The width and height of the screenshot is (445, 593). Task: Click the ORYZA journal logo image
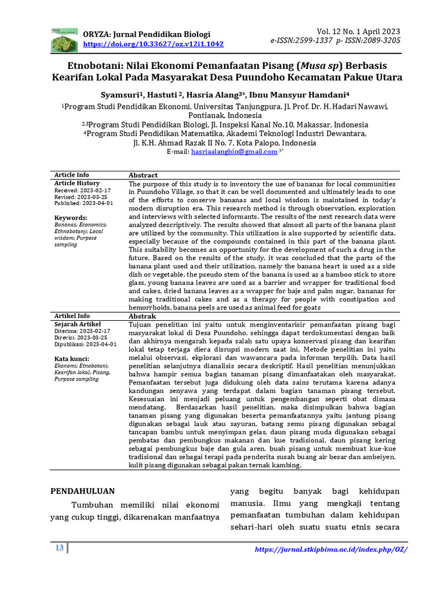click(64, 39)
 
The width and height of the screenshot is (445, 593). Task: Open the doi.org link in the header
click(153, 44)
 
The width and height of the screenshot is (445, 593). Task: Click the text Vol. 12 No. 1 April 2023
click(358, 31)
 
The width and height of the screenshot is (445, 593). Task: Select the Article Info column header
click(72, 175)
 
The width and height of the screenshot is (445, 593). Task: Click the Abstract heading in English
click(143, 175)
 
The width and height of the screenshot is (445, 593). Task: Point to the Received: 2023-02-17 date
click(82, 190)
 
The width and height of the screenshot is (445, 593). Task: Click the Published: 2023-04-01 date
click(83, 203)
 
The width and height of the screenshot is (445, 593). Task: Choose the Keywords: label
click(70, 218)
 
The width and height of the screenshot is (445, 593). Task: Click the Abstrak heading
click(142, 316)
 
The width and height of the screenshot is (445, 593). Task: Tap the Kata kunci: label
click(72, 358)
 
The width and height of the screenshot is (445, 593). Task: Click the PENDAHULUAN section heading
click(82, 491)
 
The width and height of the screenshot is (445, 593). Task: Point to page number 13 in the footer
click(59, 548)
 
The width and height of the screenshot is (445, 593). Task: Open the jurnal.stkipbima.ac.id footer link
click(331, 549)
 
